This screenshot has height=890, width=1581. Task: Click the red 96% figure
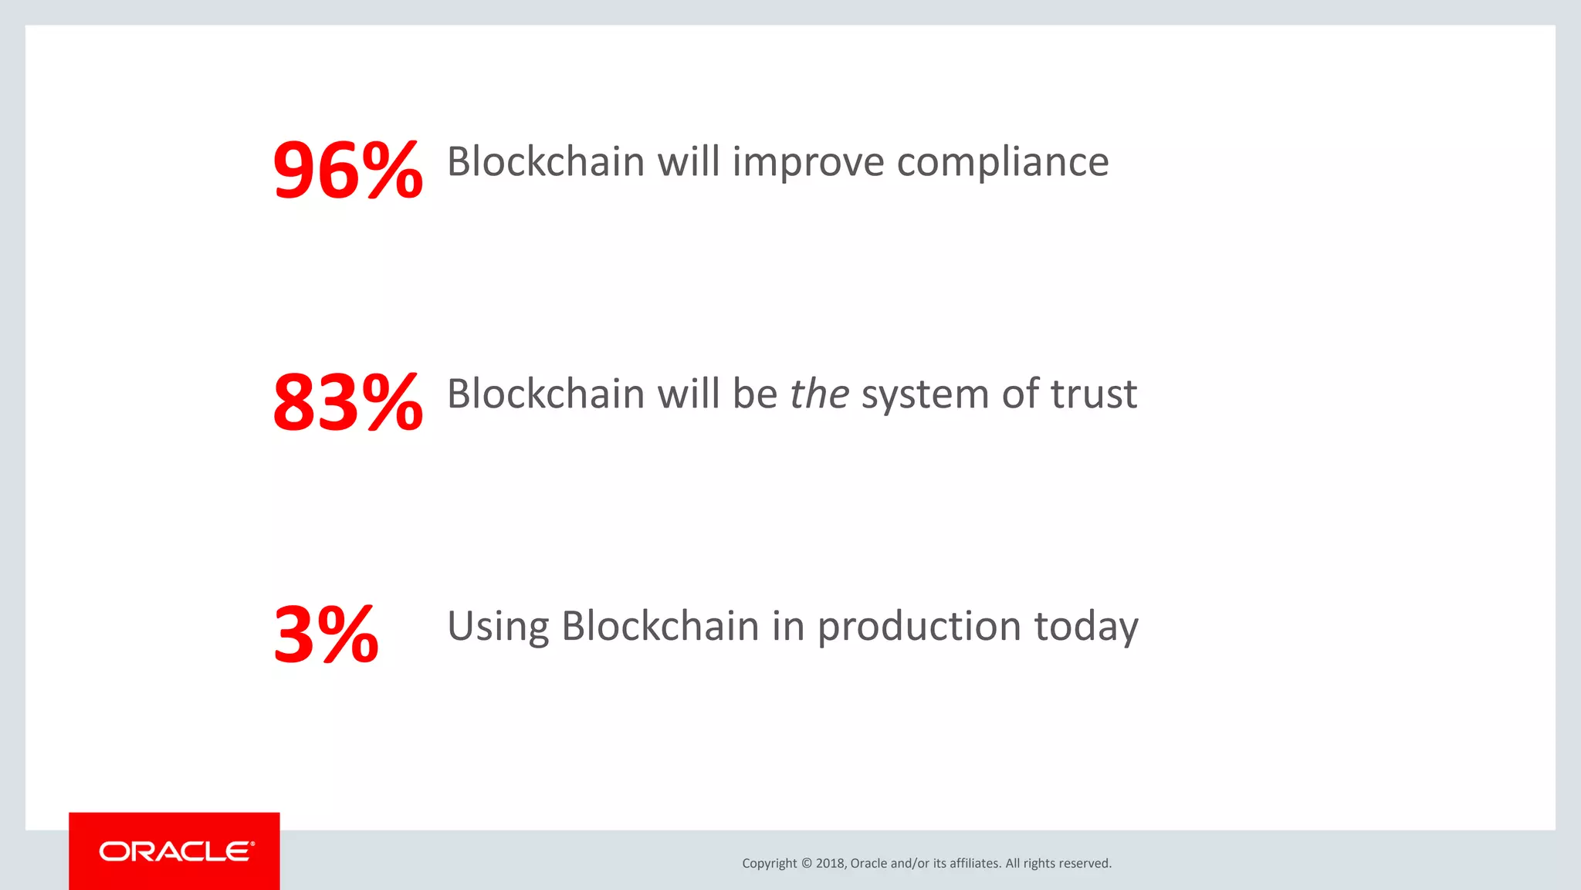coord(347,170)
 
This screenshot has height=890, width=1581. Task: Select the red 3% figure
coord(326,635)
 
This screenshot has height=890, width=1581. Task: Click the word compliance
coord(1002,164)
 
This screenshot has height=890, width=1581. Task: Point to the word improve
coord(808,164)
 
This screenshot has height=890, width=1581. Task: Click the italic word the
coord(819,394)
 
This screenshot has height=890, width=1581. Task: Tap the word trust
coord(1093,394)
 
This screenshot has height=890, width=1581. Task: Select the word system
coord(925,396)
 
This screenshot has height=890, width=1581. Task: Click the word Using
coord(498,627)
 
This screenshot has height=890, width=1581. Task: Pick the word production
coord(919,627)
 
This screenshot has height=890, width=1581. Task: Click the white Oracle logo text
coord(176,851)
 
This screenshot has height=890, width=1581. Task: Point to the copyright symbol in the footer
coord(806,864)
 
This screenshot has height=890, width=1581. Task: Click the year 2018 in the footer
coord(830,864)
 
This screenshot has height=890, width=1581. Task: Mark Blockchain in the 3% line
coord(660,626)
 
